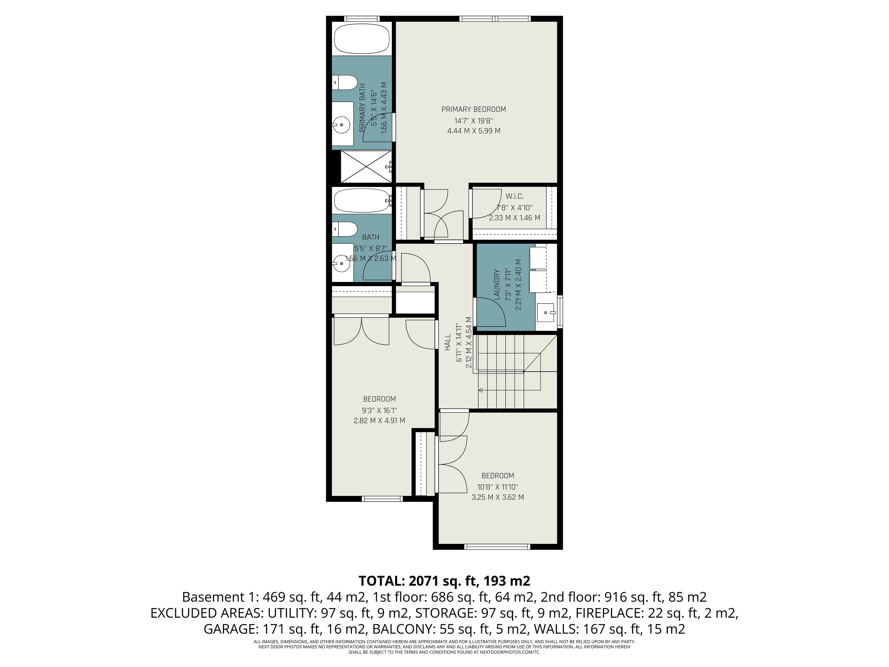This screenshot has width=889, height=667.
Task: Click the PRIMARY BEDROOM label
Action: [x=473, y=109]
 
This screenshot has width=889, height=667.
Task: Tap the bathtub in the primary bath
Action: [x=362, y=39]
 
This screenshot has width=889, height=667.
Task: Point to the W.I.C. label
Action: [x=514, y=196]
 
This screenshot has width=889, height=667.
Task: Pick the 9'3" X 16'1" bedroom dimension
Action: [x=379, y=410]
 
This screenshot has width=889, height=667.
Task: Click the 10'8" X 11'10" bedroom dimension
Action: [x=498, y=487]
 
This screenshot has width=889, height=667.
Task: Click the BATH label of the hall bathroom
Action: [x=371, y=237]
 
